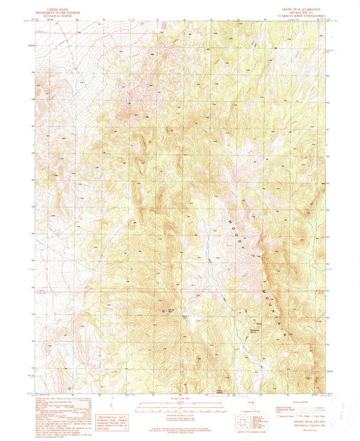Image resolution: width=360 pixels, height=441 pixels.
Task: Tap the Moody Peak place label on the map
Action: [x=170, y=311]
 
